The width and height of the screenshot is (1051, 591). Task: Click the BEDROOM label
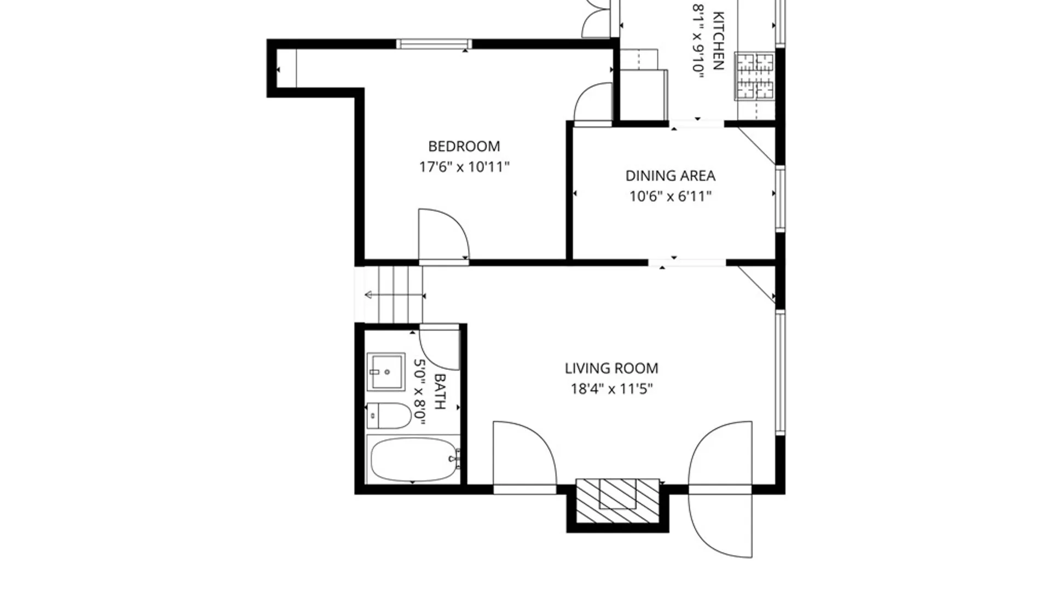click(464, 146)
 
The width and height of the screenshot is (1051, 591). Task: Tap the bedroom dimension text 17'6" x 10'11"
click(464, 167)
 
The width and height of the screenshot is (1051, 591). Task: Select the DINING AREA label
click(670, 176)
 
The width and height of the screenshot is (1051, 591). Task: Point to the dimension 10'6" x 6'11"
click(670, 196)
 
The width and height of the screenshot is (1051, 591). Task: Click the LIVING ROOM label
click(611, 368)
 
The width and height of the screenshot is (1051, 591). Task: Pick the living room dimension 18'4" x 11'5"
click(611, 389)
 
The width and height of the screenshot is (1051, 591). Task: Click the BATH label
click(440, 391)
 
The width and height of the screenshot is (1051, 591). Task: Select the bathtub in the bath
click(413, 460)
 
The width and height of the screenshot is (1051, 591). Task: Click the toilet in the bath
click(389, 416)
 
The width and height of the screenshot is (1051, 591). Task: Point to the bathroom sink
click(385, 372)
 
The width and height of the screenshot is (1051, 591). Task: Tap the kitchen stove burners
click(754, 76)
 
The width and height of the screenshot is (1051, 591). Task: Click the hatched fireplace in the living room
click(617, 501)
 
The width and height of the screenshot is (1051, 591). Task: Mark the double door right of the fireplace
click(720, 488)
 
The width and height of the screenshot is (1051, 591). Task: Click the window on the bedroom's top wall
click(434, 44)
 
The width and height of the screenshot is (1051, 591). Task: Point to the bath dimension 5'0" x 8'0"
click(420, 391)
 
